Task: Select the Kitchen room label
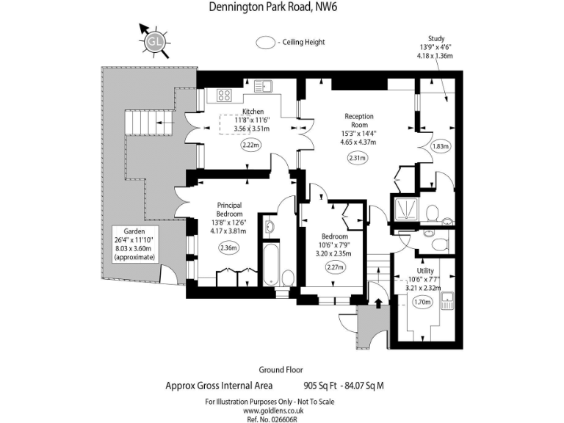pyautogui.click(x=253, y=112)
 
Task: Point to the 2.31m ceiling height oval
pyautogui.click(x=358, y=158)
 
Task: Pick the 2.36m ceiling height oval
pyautogui.click(x=229, y=248)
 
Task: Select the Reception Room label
pyautogui.click(x=358, y=120)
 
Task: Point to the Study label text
pyautogui.click(x=436, y=39)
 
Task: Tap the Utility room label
pyautogui.click(x=424, y=271)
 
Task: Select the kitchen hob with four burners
pyautogui.click(x=224, y=95)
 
